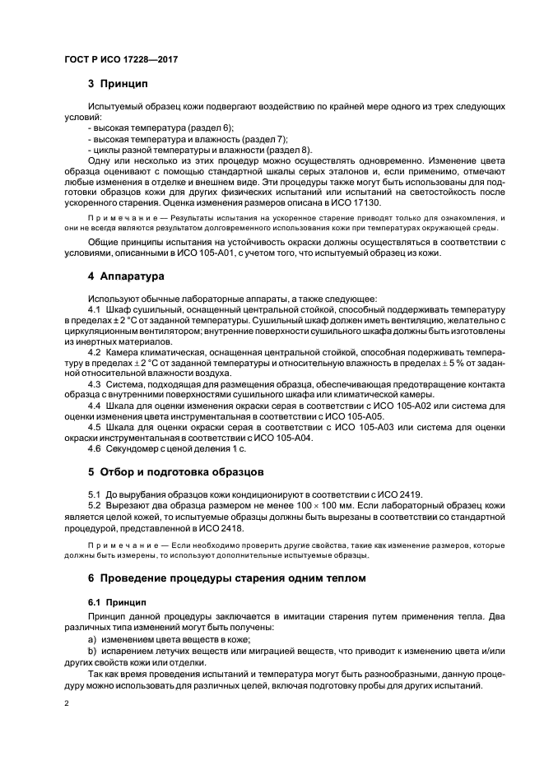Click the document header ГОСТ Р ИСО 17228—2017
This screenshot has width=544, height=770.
121,59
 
